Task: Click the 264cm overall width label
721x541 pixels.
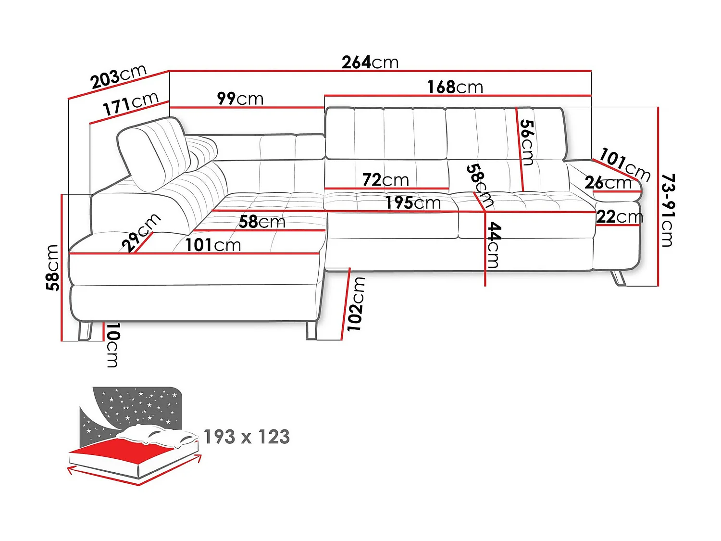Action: pyautogui.click(x=370, y=63)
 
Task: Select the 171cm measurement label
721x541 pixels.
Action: pyautogui.click(x=130, y=104)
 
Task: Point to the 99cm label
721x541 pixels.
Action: pyautogui.click(x=240, y=99)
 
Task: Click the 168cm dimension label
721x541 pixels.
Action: pyautogui.click(x=455, y=88)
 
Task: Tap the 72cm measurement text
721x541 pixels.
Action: pyautogui.click(x=385, y=180)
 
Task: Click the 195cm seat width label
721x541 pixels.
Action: pyautogui.click(x=413, y=203)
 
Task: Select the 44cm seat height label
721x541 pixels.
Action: pyautogui.click(x=494, y=245)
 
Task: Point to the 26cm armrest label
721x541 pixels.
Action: pyautogui.click(x=608, y=183)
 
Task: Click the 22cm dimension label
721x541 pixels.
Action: pyautogui.click(x=619, y=217)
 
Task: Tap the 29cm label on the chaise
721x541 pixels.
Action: pyautogui.click(x=141, y=232)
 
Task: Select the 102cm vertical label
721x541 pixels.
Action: pyautogui.click(x=356, y=304)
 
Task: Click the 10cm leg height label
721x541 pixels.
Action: pyautogui.click(x=112, y=345)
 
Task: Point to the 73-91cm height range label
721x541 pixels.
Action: pyautogui.click(x=668, y=210)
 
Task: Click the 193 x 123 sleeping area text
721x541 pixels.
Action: pyautogui.click(x=247, y=437)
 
